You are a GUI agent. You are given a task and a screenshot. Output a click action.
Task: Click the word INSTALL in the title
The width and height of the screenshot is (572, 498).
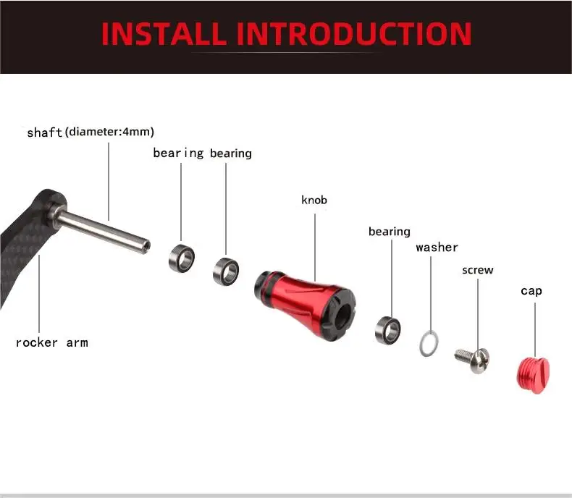(164, 33)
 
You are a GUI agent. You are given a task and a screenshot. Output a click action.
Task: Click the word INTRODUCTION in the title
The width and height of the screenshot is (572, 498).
(354, 33)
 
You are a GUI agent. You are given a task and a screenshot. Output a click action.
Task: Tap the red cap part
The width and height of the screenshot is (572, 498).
(533, 376)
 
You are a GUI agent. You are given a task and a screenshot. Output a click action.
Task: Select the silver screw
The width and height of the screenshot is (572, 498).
(472, 360)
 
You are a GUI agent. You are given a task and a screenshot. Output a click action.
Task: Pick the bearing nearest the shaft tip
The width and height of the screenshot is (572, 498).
(182, 258)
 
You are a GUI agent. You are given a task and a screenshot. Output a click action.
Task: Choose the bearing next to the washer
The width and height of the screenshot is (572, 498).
(388, 330)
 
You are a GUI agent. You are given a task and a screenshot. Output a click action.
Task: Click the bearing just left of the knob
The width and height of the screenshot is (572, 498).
(226, 271)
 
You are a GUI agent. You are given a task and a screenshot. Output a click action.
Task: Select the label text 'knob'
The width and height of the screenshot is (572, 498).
(314, 200)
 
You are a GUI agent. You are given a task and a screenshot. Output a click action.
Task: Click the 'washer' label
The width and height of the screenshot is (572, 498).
(437, 248)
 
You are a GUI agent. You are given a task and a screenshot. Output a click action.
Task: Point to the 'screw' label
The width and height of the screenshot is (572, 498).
(478, 270)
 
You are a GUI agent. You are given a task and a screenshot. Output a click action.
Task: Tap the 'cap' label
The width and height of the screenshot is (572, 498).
(531, 291)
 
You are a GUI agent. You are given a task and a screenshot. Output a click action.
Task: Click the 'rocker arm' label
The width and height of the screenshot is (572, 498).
(52, 342)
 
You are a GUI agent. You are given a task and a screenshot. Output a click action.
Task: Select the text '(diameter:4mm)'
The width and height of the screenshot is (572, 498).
(109, 132)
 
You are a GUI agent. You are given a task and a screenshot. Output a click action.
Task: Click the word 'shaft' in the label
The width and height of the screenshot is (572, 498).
(45, 132)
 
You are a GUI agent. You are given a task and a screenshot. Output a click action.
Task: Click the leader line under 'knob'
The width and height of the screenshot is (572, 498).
(315, 247)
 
